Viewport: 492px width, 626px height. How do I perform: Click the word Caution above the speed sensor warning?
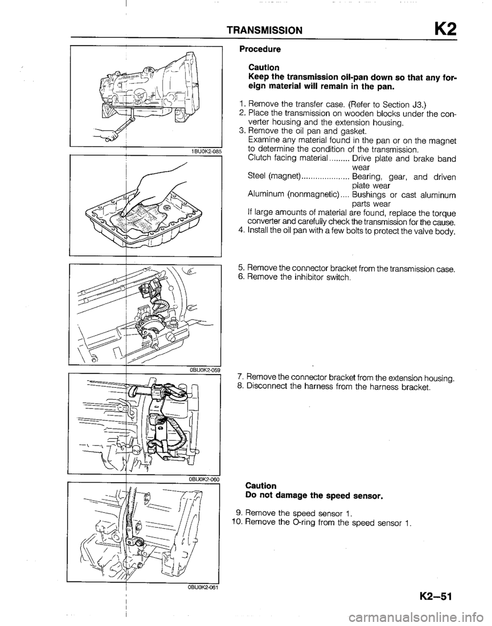tap(262, 485)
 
